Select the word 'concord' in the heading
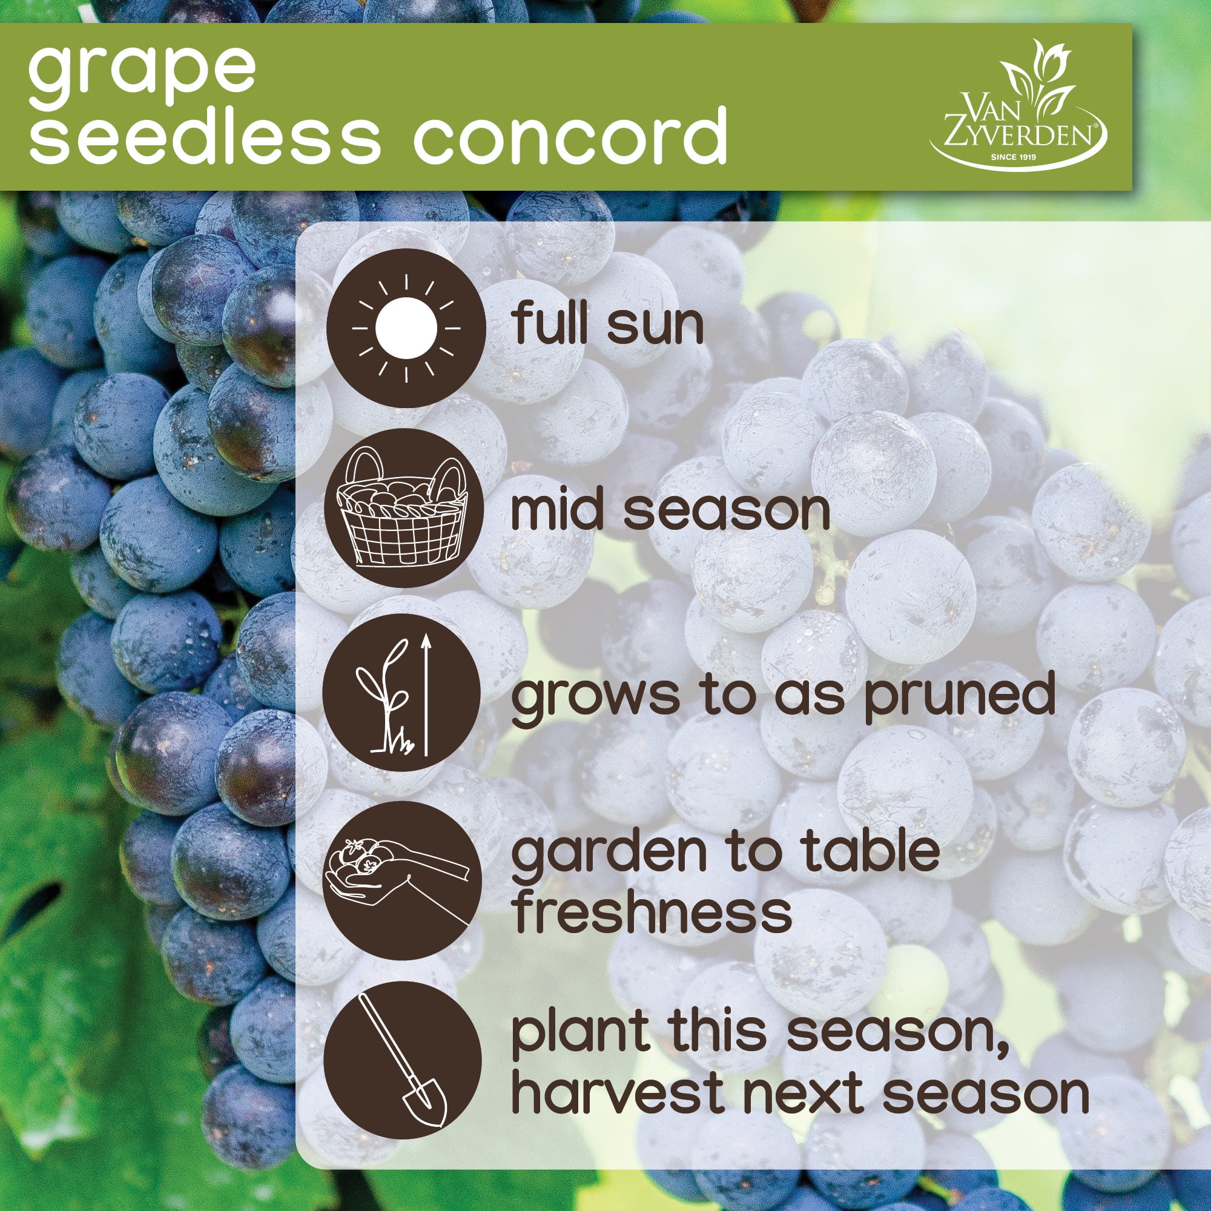pyautogui.click(x=570, y=134)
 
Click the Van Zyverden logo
pyautogui.click(x=1018, y=107)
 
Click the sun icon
pyautogui.click(x=406, y=328)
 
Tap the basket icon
pyautogui.click(x=404, y=509)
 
